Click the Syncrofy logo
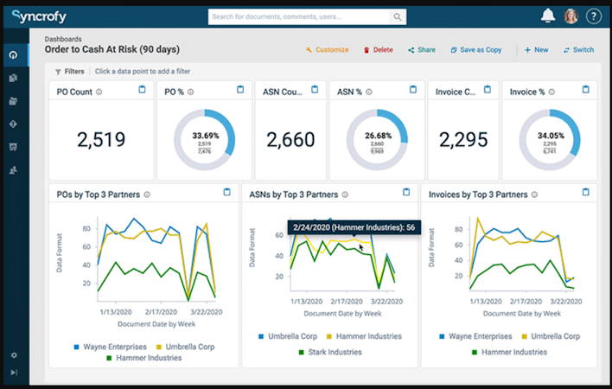click(x=39, y=16)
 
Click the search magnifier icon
click(x=398, y=16)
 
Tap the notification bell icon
click(x=547, y=16)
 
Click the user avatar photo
click(x=571, y=16)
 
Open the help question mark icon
click(x=593, y=16)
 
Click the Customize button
click(x=327, y=50)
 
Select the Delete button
click(x=378, y=50)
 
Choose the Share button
click(x=422, y=50)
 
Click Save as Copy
click(x=475, y=50)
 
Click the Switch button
click(x=578, y=50)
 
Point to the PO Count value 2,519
click(x=101, y=139)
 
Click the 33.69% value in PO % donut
click(x=205, y=136)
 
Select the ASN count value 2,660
click(x=290, y=139)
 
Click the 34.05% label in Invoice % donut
click(x=550, y=136)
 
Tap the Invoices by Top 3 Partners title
click(x=478, y=195)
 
